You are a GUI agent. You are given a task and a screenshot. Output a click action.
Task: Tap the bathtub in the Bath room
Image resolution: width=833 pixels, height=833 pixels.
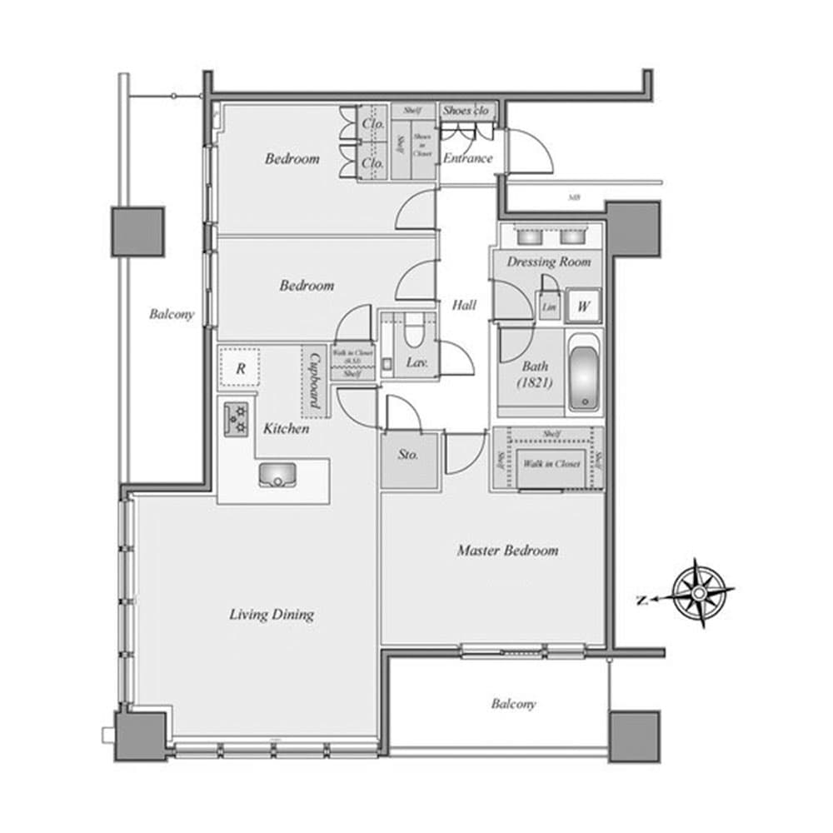(x=584, y=373)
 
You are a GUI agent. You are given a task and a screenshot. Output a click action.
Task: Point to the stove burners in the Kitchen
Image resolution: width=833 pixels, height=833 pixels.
(x=237, y=419)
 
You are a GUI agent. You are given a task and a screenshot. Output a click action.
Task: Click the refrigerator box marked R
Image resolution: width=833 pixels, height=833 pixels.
(x=240, y=369)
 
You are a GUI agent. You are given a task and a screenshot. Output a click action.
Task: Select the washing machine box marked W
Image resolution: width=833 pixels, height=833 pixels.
(x=584, y=307)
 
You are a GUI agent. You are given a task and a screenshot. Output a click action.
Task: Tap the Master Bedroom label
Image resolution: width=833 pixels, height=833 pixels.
(x=507, y=551)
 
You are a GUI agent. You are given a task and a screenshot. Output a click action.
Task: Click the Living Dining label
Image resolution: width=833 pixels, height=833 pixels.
(x=272, y=615)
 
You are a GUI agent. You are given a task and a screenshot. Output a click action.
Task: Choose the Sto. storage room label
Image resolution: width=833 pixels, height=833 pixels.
(x=407, y=456)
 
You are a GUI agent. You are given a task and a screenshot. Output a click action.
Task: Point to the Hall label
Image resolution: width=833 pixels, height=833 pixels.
(x=464, y=306)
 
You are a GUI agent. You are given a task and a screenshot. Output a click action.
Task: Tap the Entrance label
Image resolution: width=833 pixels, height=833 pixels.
(x=466, y=158)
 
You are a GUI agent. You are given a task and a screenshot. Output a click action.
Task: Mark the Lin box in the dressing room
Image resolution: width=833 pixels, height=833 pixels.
(x=548, y=307)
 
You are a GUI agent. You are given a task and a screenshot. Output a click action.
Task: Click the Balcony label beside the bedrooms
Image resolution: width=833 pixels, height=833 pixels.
(x=172, y=314)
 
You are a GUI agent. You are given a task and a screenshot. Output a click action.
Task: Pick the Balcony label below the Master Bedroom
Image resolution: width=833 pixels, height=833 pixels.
(x=513, y=704)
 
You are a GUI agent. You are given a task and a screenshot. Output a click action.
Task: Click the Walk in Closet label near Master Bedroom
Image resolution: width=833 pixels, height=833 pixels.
(x=551, y=463)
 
